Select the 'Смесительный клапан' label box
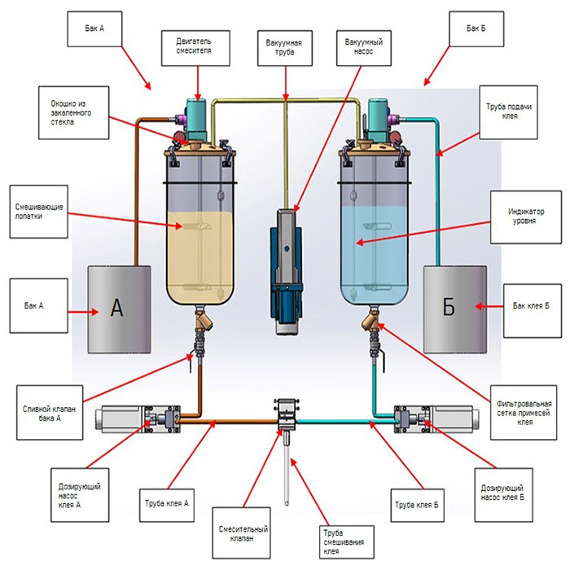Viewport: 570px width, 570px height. (239, 534)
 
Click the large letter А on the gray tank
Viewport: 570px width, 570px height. (116, 307)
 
